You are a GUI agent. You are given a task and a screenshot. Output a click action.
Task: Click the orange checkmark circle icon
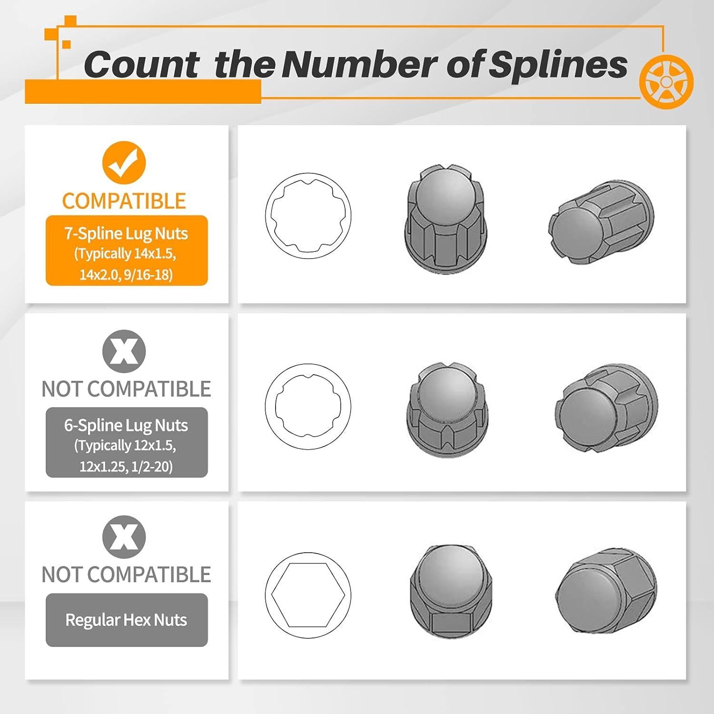click(x=123, y=162)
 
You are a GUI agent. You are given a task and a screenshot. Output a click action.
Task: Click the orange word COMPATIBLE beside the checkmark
click(x=124, y=201)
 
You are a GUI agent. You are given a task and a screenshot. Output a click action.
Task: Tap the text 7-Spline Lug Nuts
click(x=126, y=233)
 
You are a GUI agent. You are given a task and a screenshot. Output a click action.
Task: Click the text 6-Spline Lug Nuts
click(x=126, y=425)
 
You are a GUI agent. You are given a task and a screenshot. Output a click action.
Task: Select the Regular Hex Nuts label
click(x=126, y=620)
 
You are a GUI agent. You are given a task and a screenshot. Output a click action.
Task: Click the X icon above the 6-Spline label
click(x=124, y=351)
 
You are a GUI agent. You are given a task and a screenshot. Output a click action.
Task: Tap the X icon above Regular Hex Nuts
click(x=124, y=537)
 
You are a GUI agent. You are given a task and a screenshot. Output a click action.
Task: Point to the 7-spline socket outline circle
click(x=308, y=216)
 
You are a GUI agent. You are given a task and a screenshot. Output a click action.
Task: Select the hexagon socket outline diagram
click(x=308, y=595)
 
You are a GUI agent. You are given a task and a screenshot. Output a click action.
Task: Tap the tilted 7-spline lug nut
click(x=601, y=223)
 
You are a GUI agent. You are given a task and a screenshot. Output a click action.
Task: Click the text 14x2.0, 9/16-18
click(x=126, y=275)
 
